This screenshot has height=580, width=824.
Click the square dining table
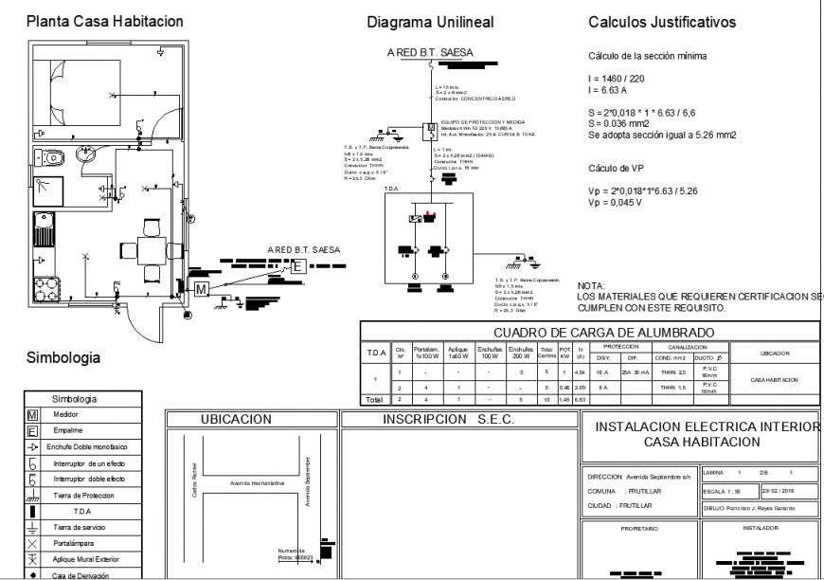click(x=150, y=250)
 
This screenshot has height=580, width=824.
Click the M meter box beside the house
click(x=201, y=288)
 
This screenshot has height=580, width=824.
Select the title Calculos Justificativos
click(x=662, y=22)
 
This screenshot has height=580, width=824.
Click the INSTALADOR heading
click(x=761, y=525)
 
